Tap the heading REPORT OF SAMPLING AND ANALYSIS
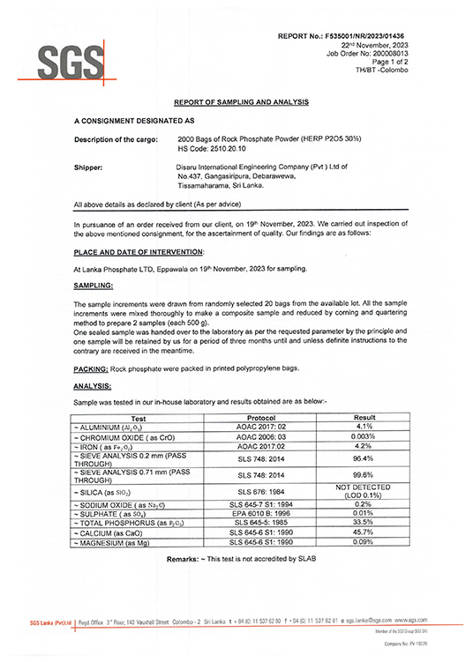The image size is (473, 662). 241,102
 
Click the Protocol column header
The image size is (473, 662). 263,418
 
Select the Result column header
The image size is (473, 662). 364,418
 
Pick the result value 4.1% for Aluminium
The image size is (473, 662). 364,428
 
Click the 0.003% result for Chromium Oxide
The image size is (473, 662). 364,437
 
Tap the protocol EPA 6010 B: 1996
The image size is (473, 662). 263,512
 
